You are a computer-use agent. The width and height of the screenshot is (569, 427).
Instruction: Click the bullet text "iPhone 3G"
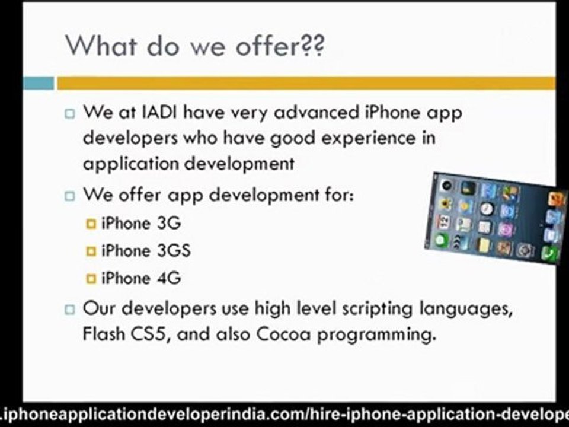141,223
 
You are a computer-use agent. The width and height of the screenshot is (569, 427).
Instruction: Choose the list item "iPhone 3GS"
146,250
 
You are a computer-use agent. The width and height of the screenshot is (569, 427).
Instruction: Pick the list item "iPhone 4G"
141,278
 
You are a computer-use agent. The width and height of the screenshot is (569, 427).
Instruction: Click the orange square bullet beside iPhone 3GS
91,251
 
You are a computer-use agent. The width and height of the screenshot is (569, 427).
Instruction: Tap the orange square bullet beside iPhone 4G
91,278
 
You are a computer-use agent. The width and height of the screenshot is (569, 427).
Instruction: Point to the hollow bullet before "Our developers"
71,309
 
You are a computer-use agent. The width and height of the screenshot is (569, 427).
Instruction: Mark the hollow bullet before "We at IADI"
71,113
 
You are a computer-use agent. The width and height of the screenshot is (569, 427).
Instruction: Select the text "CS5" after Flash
149,334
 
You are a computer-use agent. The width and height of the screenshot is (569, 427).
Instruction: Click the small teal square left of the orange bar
39,82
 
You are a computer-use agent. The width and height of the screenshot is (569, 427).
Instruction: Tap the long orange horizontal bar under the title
306,82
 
